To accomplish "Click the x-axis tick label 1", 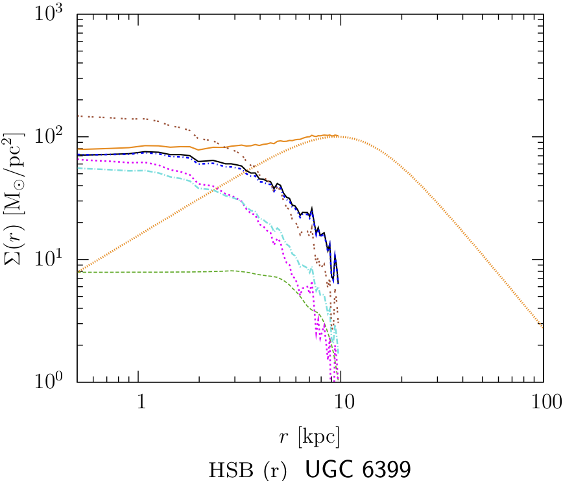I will click(141, 402).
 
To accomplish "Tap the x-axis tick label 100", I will click(542, 402).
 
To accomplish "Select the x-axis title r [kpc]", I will click(309, 436).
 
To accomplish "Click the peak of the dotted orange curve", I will click(337, 136).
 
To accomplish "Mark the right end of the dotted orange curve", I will click(543, 327).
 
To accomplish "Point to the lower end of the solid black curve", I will click(339, 283).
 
